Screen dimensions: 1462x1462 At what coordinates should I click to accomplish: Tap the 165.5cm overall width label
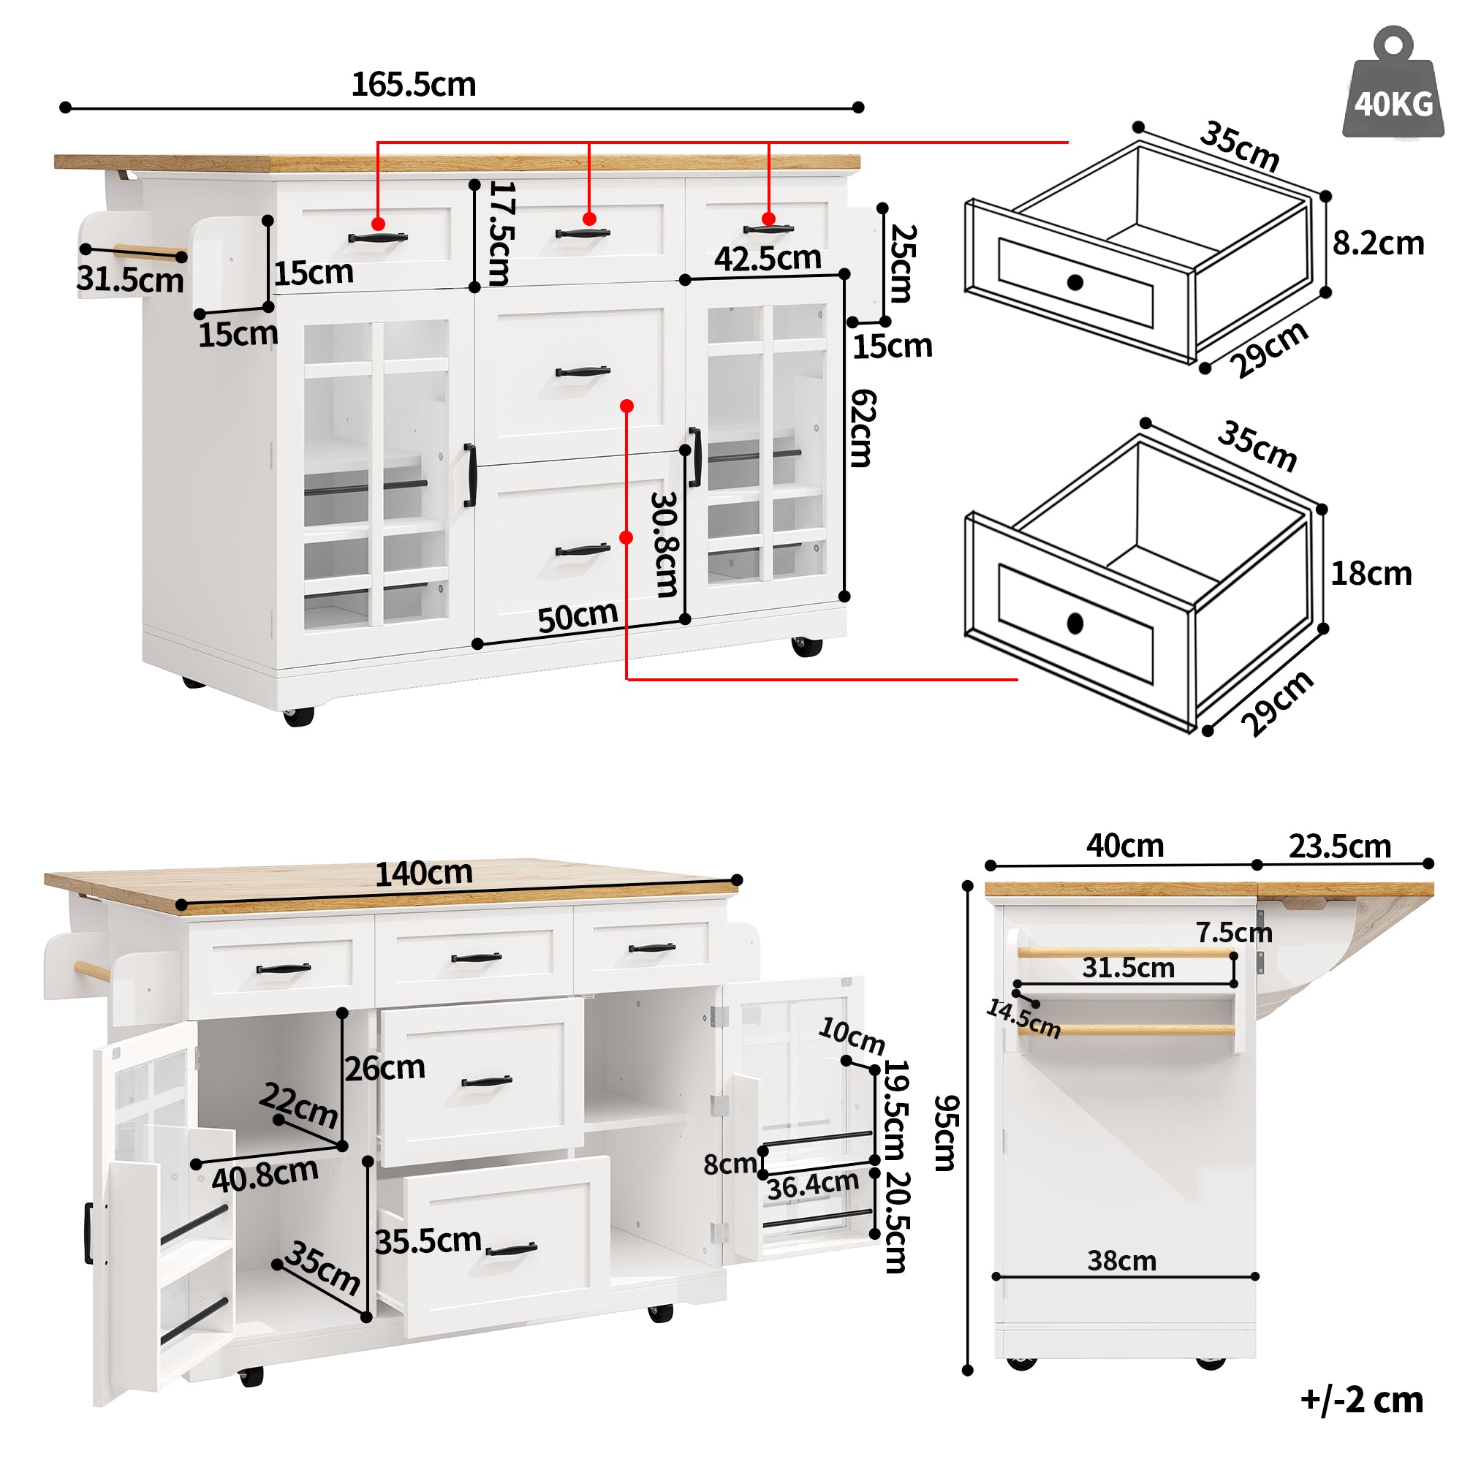coord(413,84)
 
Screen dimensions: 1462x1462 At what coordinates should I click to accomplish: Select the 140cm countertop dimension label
coord(424,874)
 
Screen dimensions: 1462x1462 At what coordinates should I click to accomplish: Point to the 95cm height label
coord(945,1134)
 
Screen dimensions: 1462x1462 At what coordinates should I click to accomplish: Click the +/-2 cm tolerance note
coord(1361,1399)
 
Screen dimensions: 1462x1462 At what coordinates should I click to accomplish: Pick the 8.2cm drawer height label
coord(1377,243)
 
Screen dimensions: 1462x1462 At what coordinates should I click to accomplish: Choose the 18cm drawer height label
coord(1371,574)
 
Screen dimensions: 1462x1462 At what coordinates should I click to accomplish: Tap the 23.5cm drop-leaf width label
coord(1339,846)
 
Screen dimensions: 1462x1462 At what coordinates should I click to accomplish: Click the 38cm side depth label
coord(1121,1261)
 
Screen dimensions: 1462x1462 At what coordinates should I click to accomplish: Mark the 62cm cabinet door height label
coord(863,428)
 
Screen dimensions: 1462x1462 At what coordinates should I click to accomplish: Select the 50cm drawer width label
coord(577,617)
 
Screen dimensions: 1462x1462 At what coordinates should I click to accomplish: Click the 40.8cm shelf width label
coord(265,1175)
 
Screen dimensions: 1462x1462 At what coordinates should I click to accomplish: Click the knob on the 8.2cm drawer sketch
coord(1075,282)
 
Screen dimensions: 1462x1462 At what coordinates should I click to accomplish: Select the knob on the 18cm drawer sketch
coord(1075,623)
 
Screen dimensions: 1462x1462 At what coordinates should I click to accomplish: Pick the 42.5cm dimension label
coord(768,259)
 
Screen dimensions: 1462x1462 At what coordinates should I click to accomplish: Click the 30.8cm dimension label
coord(665,544)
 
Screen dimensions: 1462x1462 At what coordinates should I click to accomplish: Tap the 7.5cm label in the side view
coord(1233,932)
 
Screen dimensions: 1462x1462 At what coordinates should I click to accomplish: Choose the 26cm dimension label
coord(385,1068)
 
